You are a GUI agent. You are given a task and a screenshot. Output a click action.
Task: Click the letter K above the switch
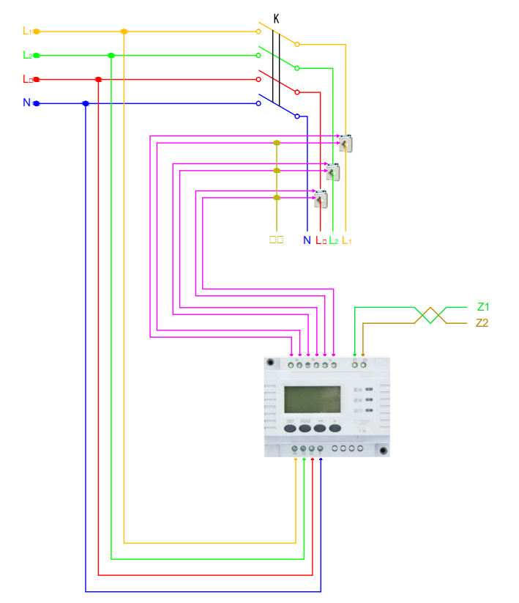(276, 18)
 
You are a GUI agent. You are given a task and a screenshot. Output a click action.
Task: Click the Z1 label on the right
(482, 306)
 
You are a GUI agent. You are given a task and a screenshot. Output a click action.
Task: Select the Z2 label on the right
(482, 323)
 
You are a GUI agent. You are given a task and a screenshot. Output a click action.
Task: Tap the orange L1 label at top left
(27, 31)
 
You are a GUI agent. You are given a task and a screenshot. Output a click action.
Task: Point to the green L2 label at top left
(27, 55)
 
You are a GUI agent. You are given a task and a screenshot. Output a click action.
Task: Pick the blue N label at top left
(26, 103)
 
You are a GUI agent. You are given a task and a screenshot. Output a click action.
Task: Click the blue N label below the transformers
(307, 240)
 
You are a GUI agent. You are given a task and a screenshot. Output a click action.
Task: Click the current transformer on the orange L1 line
(346, 143)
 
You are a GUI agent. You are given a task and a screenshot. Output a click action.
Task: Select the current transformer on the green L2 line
(333, 171)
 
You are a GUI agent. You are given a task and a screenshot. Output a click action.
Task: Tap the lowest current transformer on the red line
(321, 198)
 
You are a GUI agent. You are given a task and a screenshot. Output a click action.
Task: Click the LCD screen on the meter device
(312, 400)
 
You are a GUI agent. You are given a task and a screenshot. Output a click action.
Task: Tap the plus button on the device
(335, 427)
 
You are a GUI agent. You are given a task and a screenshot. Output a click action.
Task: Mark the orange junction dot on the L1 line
(124, 32)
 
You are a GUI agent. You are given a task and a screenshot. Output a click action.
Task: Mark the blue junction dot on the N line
(86, 103)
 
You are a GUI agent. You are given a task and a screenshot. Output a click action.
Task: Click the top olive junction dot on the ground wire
(277, 143)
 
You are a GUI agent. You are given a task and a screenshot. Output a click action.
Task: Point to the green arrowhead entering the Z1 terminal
(355, 354)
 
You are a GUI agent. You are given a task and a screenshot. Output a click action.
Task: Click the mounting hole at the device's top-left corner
(271, 362)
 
